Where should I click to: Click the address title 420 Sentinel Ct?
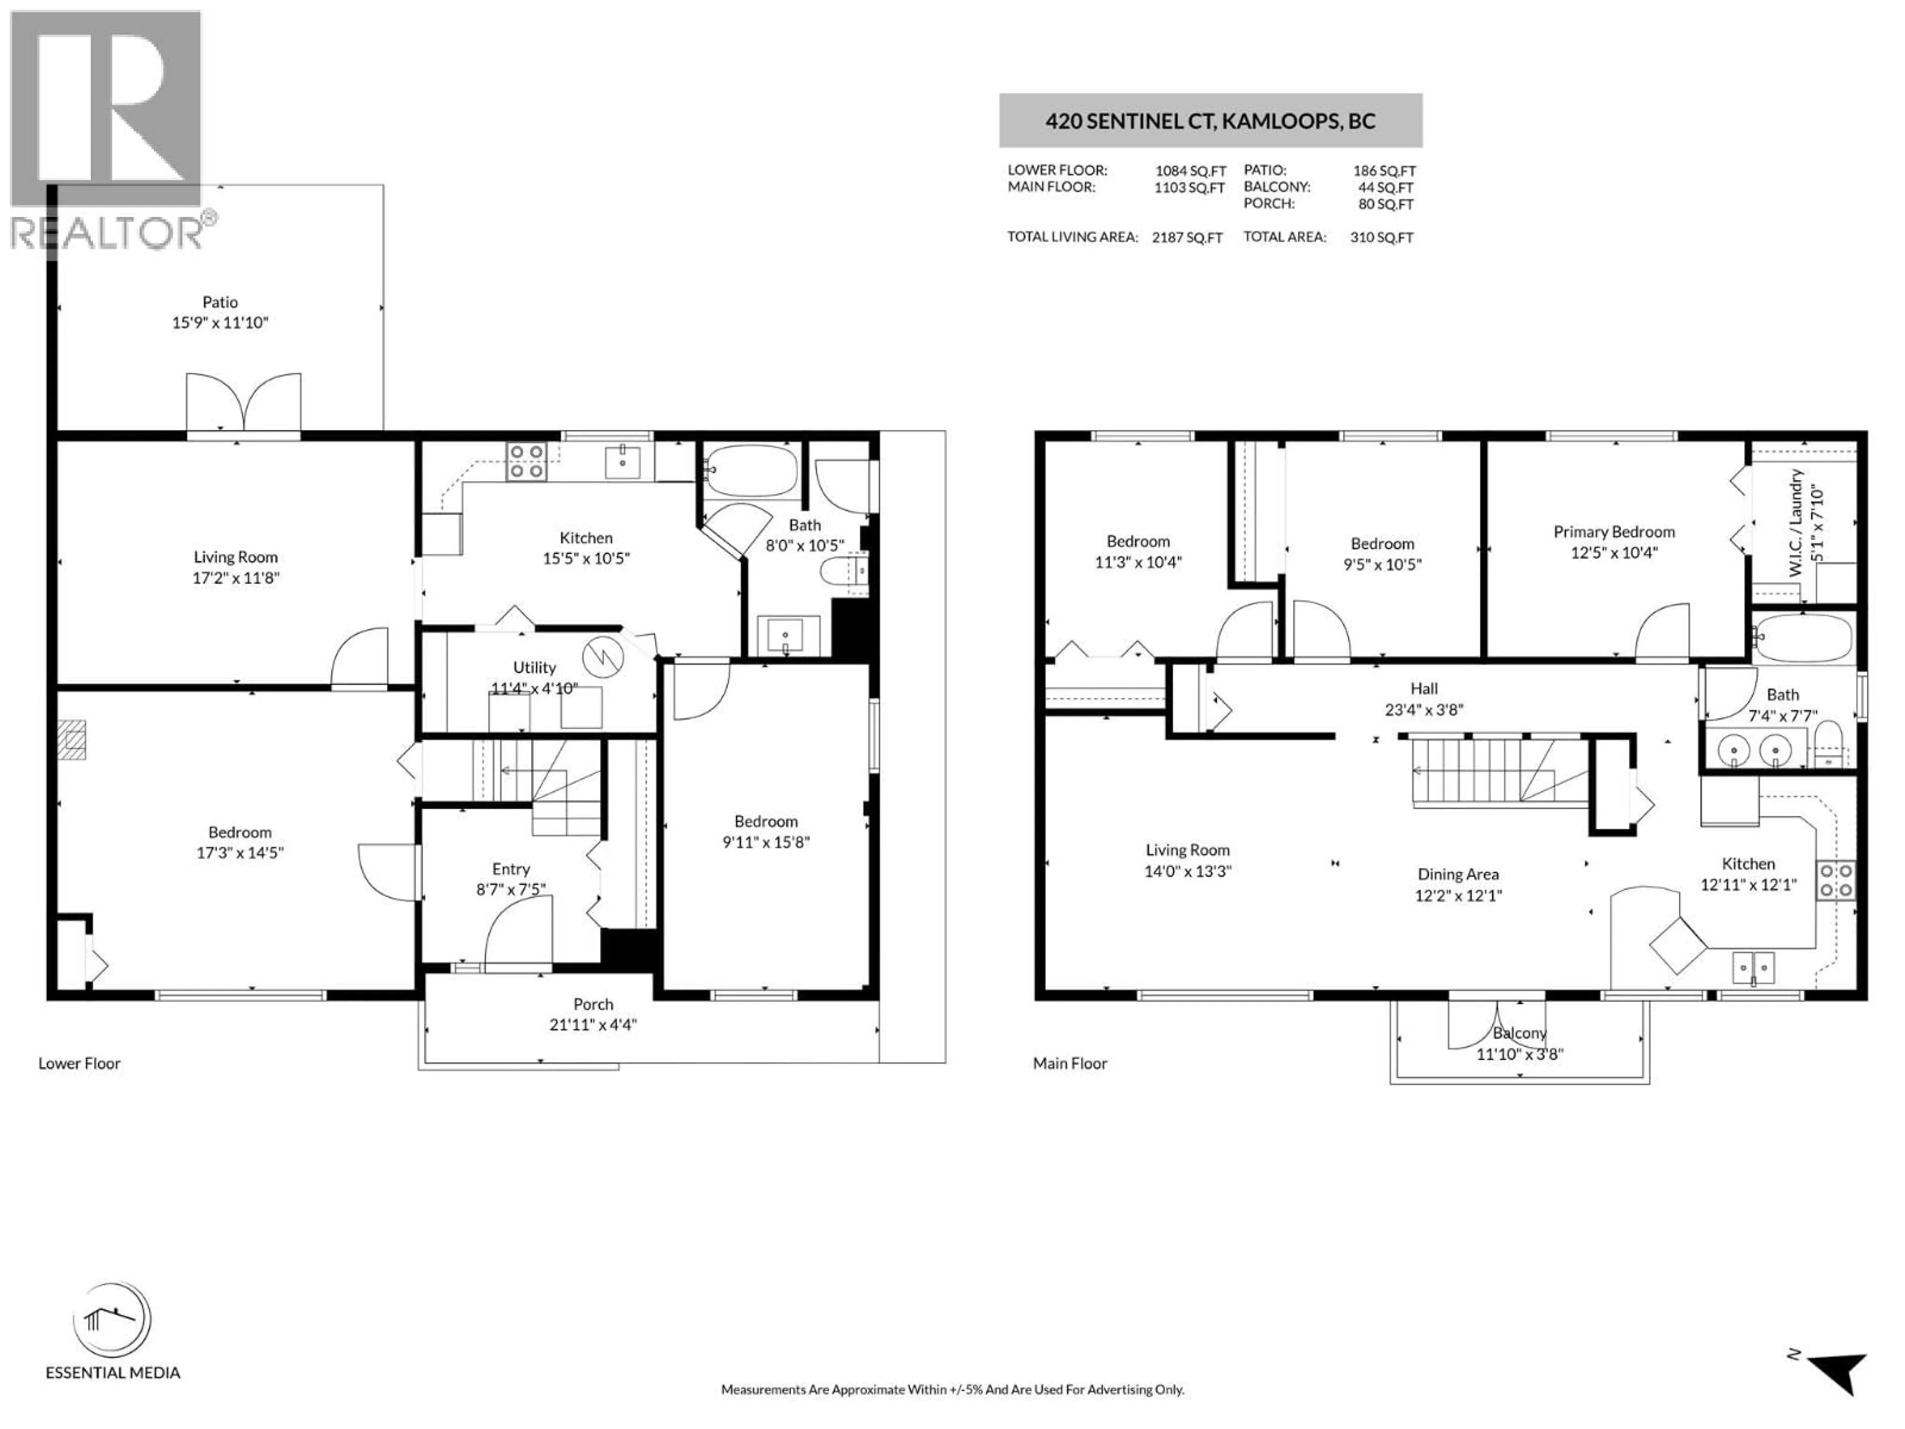coord(1210,121)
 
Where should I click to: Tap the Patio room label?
coord(220,302)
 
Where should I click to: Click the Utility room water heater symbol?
coord(603,658)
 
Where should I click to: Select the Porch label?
coord(593,1004)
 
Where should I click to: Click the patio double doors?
coord(244,402)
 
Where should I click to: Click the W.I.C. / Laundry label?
coord(1796,523)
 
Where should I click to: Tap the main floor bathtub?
coord(1802,638)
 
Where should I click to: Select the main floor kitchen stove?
coord(1835,880)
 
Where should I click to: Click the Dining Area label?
coord(1458,874)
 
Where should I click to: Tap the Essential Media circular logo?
coord(112,1320)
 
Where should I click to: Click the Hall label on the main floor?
coord(1424,688)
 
